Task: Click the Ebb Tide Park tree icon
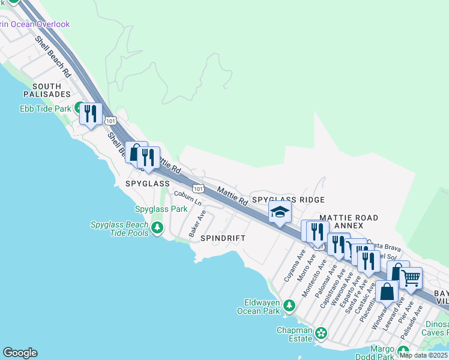click(x=78, y=109)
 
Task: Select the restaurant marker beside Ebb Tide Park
click(x=91, y=113)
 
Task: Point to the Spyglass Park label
click(x=161, y=209)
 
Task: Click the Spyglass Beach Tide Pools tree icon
click(x=157, y=227)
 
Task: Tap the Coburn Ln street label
click(x=188, y=198)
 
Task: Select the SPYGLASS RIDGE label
click(x=288, y=200)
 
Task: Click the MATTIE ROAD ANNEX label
click(x=348, y=221)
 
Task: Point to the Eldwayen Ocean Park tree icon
click(x=289, y=306)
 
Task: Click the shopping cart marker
click(x=411, y=278)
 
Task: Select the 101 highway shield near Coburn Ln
click(x=199, y=188)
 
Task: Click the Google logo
click(x=20, y=352)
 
